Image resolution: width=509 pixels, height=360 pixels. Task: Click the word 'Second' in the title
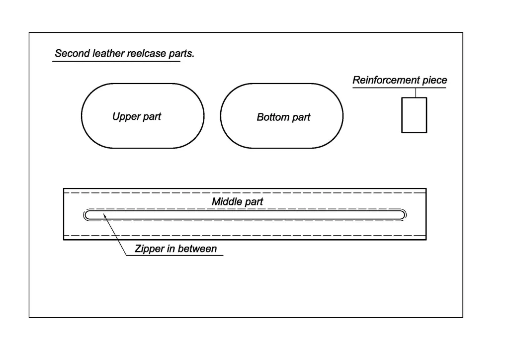(x=73, y=53)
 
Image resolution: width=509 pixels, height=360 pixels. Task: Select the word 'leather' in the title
(x=109, y=53)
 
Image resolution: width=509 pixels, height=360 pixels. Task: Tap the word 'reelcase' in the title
(x=147, y=53)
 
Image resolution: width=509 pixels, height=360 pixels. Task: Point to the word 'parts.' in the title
(x=182, y=54)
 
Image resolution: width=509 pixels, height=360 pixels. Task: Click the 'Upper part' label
(x=137, y=117)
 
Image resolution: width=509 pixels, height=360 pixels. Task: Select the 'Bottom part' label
(x=283, y=117)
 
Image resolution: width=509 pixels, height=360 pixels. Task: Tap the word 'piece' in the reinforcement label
(x=434, y=81)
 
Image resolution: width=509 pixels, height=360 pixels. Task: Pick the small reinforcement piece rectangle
(x=414, y=115)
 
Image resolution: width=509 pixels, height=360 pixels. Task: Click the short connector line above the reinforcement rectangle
(x=416, y=92)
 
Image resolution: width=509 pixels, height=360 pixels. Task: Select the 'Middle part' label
(x=238, y=201)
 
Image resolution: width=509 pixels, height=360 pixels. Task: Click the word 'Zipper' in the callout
(x=149, y=249)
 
